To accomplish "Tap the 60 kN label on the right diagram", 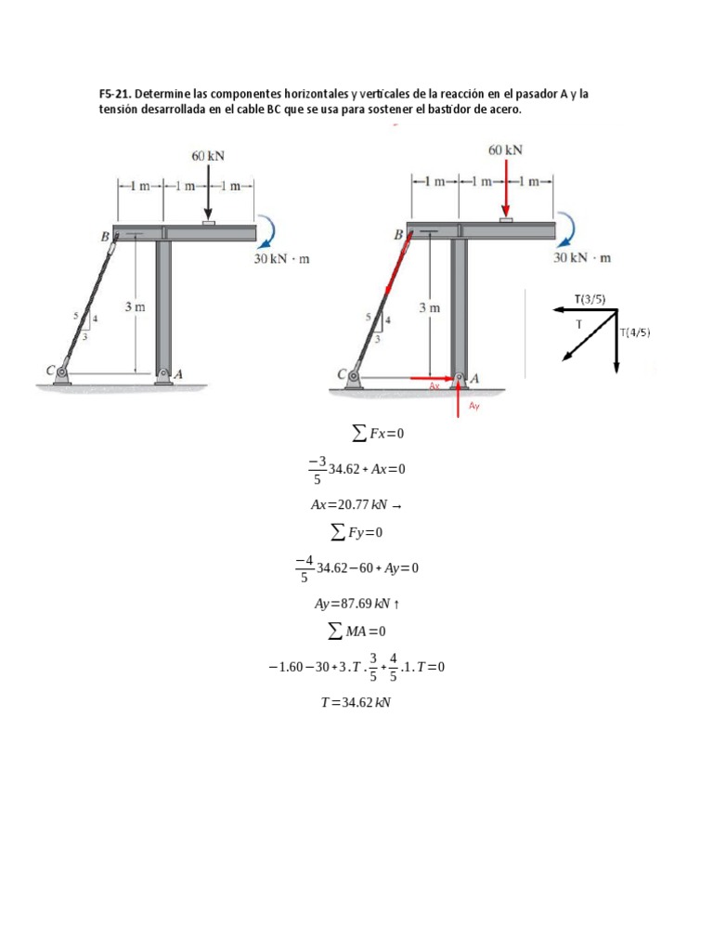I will [x=505, y=150].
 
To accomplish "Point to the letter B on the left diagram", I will [x=105, y=238].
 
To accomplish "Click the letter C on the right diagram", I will [x=342, y=375].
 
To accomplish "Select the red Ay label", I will [x=473, y=406].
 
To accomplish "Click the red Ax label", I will [x=434, y=385].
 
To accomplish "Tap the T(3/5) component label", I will [x=590, y=298].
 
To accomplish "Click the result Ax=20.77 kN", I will [x=356, y=505].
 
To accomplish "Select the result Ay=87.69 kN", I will [x=356, y=603].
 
